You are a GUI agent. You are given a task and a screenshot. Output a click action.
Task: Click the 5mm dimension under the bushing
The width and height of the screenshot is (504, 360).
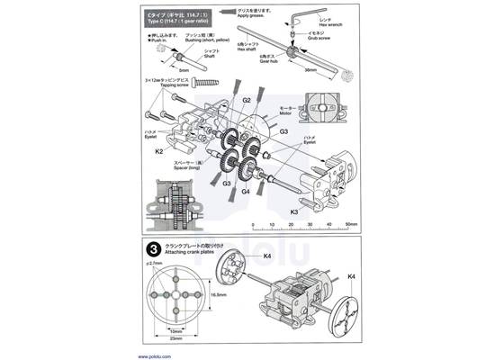184,68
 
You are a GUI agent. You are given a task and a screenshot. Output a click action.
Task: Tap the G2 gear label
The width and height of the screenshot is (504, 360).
246,100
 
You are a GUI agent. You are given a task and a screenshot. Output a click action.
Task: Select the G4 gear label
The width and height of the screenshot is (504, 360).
246,191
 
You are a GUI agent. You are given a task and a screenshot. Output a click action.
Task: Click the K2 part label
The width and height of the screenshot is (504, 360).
158,152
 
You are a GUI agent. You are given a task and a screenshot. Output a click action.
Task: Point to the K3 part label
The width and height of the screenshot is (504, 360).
293,211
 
